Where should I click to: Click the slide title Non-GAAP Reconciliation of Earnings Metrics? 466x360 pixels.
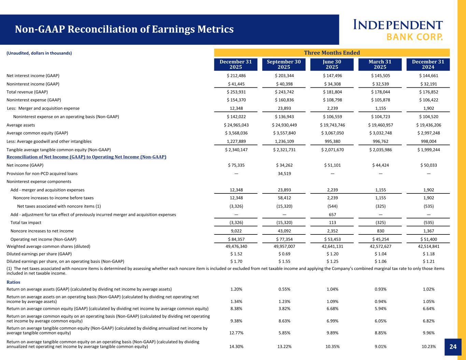coord(124,29)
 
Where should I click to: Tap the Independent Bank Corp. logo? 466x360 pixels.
coord(398,30)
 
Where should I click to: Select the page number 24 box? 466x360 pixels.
coord(453,347)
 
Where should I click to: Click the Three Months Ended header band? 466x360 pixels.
coord(332,53)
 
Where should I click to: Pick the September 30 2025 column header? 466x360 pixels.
coord(284,64)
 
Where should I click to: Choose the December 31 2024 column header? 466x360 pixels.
coord(428,64)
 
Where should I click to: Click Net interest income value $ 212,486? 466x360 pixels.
coord(236,76)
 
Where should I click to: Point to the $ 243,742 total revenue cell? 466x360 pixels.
coord(284,92)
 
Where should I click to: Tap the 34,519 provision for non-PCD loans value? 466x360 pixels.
coord(284,173)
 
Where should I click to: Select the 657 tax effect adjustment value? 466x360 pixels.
coord(332,215)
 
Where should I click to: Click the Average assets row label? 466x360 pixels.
coord(21,125)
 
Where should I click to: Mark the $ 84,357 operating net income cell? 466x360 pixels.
coord(236,239)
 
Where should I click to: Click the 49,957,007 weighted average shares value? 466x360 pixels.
coord(284,246)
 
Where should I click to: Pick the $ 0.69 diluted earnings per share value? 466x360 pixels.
coord(284,254)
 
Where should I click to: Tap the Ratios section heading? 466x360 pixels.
coord(13,282)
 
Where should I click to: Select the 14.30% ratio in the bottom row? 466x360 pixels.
coord(236,347)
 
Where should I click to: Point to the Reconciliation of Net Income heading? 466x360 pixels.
coord(86,157)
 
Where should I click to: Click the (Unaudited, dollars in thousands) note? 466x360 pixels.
coord(39,53)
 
